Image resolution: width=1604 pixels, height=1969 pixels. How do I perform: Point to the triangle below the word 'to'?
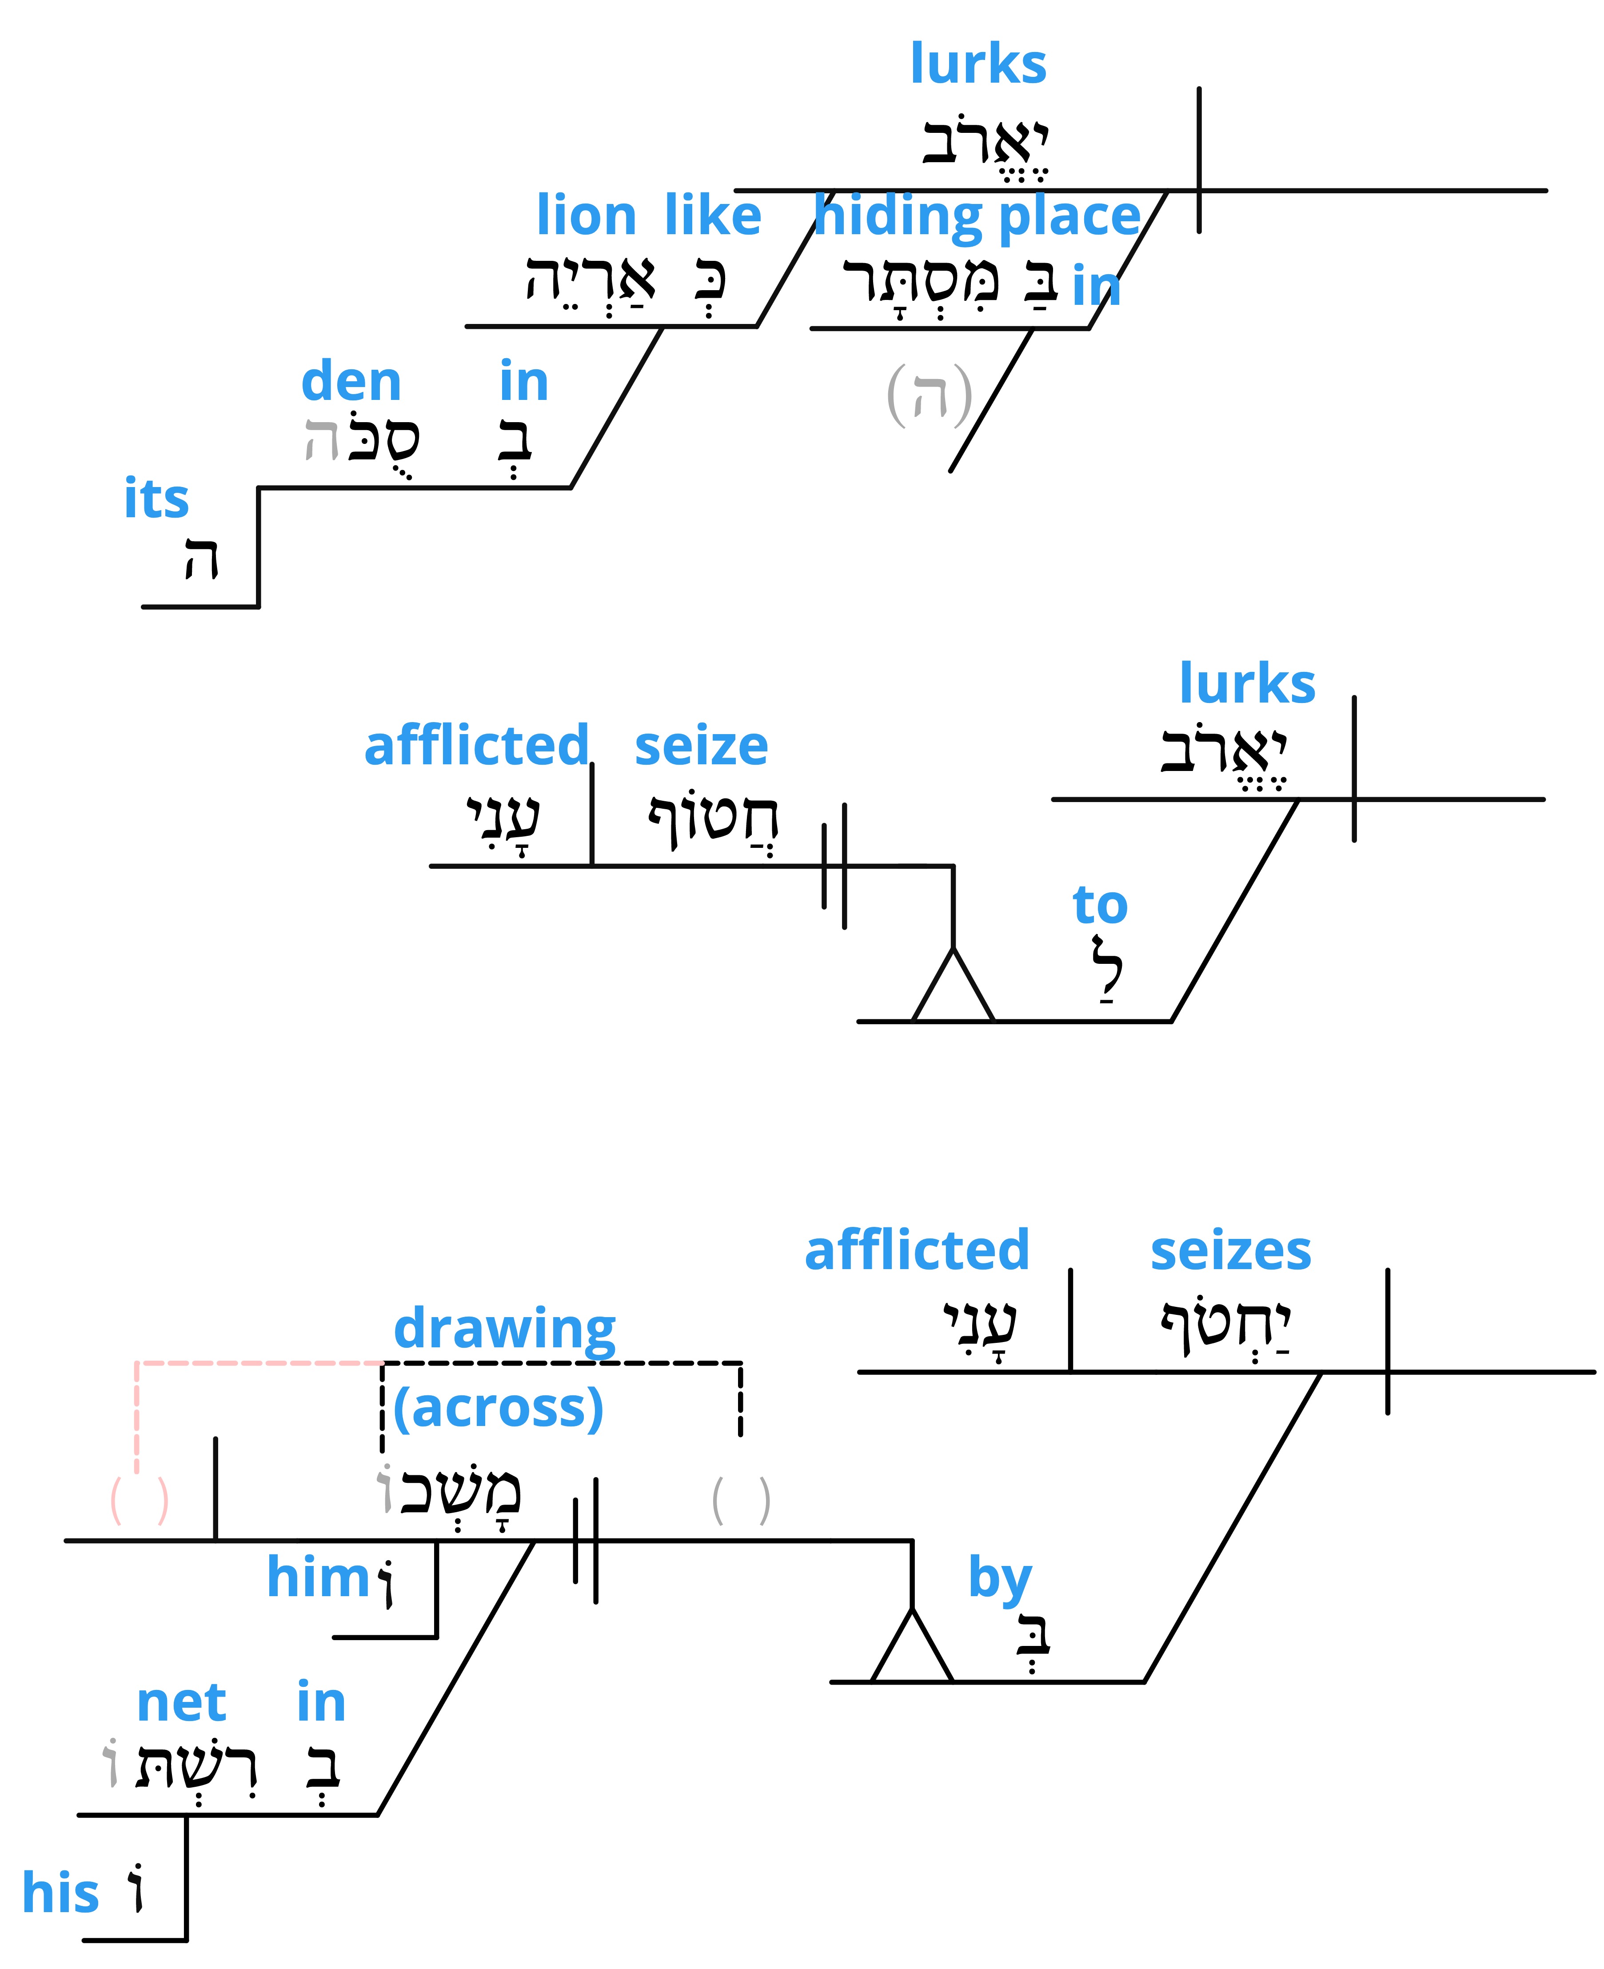coord(953,985)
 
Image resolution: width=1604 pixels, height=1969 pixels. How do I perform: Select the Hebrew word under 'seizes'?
coord(1225,1327)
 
